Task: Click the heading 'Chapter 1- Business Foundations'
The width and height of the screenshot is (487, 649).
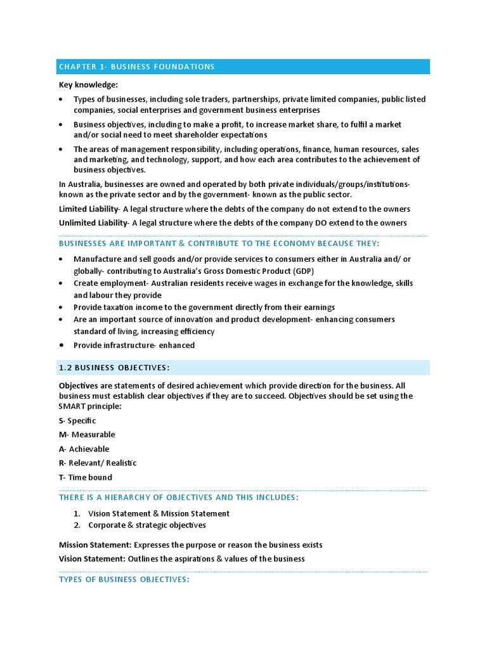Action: tap(136, 67)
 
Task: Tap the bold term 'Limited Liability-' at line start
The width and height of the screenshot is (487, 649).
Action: tap(89, 209)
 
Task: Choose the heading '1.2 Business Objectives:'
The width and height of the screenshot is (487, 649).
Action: tap(114, 368)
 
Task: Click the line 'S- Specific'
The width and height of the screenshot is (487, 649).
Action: tap(77, 421)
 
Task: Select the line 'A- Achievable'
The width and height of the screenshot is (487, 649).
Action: tap(84, 449)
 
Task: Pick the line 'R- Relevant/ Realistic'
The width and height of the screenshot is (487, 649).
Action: tap(98, 463)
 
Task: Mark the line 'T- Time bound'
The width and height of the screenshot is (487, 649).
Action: tap(85, 477)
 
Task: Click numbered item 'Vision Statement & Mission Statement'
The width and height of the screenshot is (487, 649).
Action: tap(159, 513)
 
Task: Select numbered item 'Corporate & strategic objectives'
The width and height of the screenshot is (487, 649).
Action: tap(147, 525)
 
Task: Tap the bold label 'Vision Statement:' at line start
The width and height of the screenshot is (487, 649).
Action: tap(92, 558)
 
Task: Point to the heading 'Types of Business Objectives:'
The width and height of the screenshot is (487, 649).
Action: tap(124, 579)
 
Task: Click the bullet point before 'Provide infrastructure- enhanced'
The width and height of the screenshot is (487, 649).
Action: tap(61, 345)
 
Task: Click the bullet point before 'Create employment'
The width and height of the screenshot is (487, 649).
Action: tap(61, 283)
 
